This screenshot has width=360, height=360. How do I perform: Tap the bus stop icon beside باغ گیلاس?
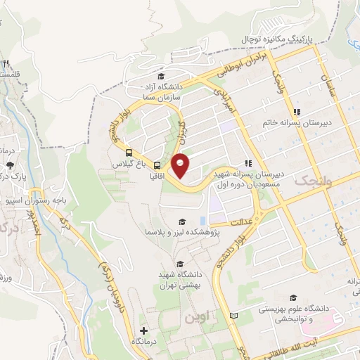coord(129,152)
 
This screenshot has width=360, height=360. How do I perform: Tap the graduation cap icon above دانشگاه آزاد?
coord(160,77)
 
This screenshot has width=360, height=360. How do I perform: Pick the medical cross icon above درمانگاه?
coord(143,330)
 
